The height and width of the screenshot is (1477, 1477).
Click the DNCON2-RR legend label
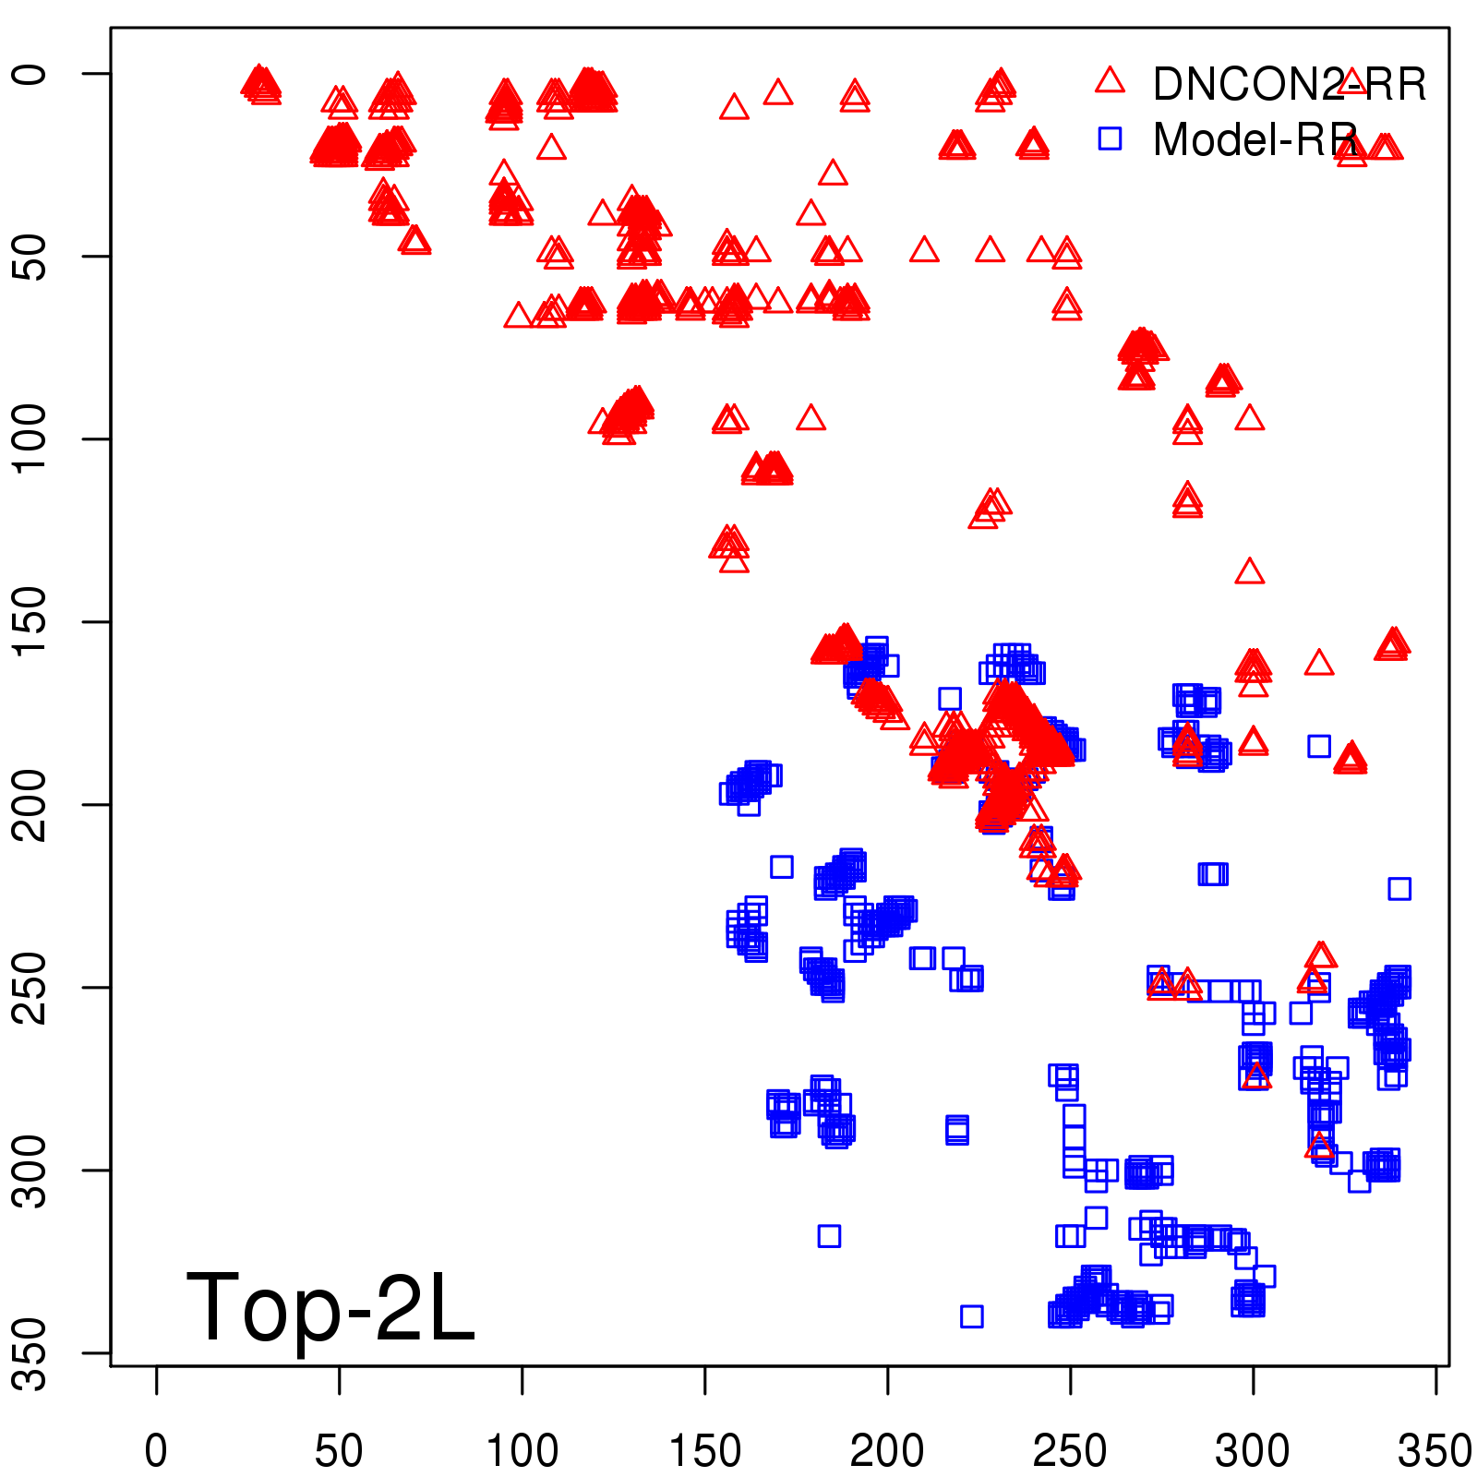[1289, 84]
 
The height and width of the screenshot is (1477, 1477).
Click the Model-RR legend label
[1255, 140]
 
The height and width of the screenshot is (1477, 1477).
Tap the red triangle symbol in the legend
[1110, 80]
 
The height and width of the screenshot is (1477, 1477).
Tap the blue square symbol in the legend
[1110, 138]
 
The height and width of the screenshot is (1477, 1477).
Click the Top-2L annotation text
[330, 1307]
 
